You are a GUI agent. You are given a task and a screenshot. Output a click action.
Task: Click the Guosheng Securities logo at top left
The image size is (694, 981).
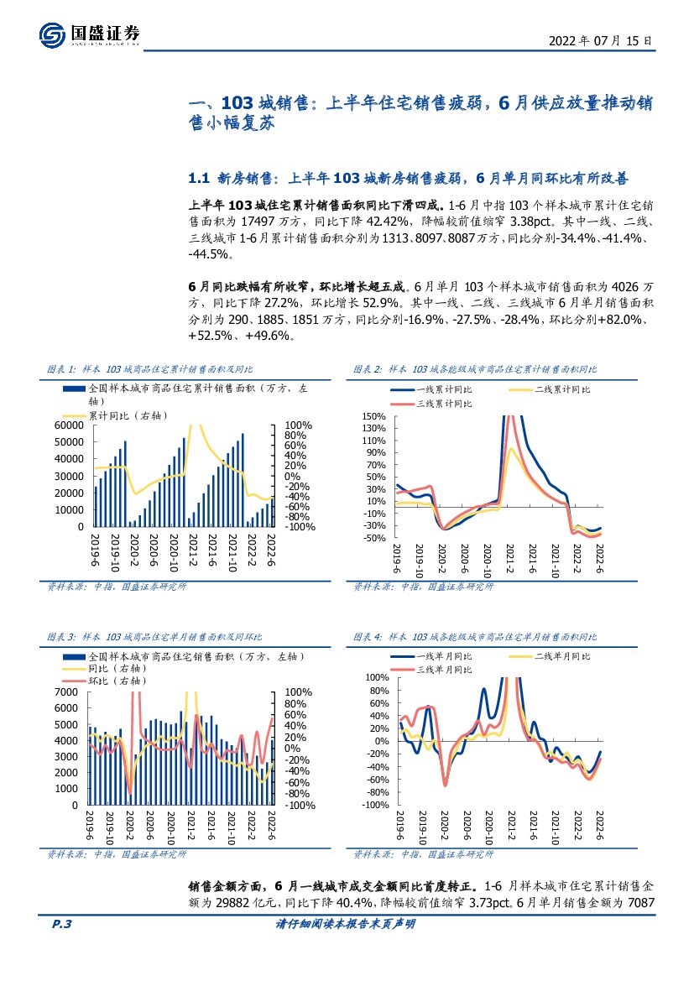tap(89, 34)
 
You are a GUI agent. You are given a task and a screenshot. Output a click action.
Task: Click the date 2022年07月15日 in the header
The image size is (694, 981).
tap(599, 40)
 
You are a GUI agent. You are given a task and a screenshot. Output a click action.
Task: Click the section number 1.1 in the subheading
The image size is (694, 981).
tap(199, 179)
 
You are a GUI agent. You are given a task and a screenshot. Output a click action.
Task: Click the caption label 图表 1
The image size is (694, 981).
tap(62, 369)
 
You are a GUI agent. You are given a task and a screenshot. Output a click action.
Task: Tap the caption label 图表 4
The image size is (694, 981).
tap(368, 638)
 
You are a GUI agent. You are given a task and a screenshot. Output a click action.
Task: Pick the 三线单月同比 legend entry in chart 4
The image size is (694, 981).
tap(442, 670)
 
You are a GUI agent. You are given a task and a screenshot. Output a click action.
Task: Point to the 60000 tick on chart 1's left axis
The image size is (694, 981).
tap(70, 425)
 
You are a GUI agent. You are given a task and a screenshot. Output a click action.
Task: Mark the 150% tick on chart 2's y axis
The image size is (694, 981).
tap(374, 417)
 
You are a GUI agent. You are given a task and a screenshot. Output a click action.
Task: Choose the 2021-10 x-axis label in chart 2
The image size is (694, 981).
tap(555, 562)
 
